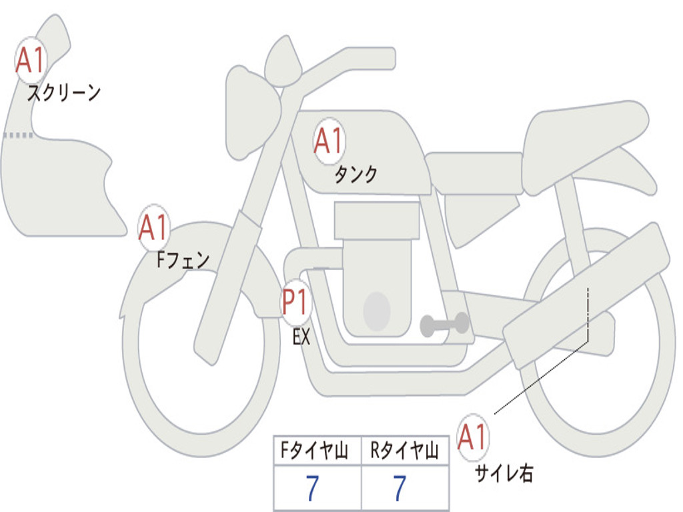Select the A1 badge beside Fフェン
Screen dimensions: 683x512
coord(154,229)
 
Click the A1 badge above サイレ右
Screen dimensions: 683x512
coord(473,437)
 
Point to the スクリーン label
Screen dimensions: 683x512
coord(63,93)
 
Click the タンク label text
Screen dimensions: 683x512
coord(356,175)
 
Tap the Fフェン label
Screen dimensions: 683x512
coord(183,259)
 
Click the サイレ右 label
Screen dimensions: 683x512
coord(504,473)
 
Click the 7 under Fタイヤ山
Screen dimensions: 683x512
coord(312,489)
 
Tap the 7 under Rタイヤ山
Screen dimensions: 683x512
coord(400,489)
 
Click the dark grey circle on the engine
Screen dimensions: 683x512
coord(377,311)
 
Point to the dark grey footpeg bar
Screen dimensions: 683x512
coord(444,325)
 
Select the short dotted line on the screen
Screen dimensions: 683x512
coord(17,135)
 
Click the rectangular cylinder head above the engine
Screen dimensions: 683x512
coord(377,221)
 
